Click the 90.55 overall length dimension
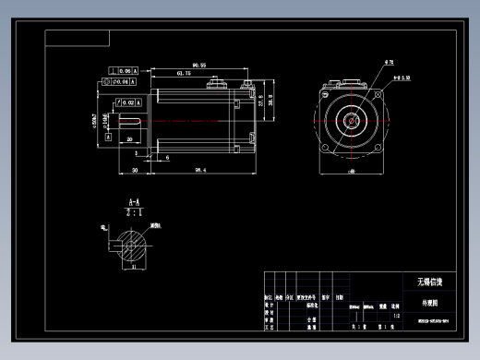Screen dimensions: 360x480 pos(198,65)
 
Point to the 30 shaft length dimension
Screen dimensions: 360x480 pos(135,171)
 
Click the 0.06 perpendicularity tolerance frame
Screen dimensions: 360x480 pos(124,70)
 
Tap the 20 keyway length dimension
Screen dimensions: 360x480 pos(130,138)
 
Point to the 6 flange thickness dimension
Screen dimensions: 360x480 pos(166,158)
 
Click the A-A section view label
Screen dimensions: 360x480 pos(134,201)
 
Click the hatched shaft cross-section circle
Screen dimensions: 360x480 pos(134,247)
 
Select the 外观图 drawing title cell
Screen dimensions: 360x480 pos(430,301)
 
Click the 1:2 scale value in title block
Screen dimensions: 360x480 pos(396,316)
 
